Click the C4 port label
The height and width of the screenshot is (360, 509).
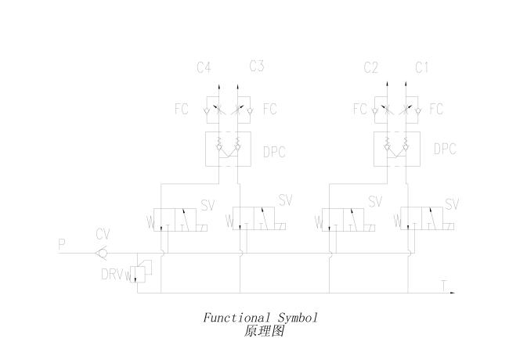pos(204,68)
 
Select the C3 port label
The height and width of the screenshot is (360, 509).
pos(257,67)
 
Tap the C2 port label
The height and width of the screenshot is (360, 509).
pos(370,68)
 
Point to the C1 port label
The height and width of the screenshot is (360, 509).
pos(421,68)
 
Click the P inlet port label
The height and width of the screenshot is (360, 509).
pos(62,244)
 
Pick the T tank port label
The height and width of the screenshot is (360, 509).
pos(444,286)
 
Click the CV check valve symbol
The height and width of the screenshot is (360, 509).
pos(101,253)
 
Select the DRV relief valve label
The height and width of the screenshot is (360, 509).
pos(111,275)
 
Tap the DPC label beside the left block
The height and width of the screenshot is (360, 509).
pos(274,152)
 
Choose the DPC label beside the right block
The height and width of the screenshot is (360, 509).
pos(445,149)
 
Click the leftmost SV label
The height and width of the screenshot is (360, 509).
pos(208,205)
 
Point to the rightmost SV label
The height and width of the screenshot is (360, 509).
pos(452,204)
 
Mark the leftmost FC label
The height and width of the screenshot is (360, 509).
pos(182,109)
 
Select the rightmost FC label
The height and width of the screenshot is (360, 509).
pos(436,109)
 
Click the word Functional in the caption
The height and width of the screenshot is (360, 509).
pos(236,318)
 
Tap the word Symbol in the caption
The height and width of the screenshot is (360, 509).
pos(298,319)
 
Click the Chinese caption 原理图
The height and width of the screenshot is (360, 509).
pos(264,331)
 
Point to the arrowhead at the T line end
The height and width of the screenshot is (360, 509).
pos(452,293)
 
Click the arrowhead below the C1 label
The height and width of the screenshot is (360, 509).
pos(406,85)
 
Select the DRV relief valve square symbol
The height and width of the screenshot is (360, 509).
pos(140,274)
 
